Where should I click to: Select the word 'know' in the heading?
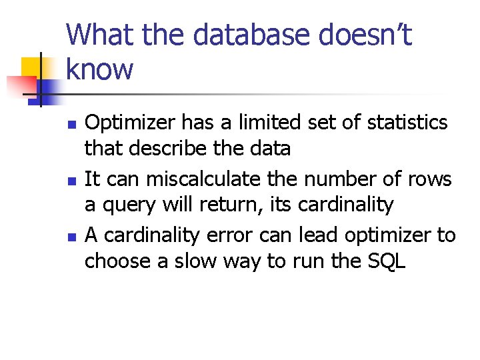click(100, 69)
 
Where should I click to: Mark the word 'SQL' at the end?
click(387, 261)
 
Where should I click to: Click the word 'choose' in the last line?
click(118, 261)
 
